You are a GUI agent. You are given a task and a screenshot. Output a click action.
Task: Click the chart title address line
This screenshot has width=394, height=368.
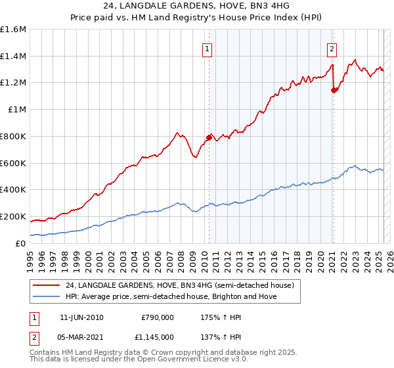pos(196,6)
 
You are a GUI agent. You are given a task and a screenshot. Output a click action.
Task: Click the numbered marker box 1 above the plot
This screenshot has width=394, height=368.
pos(208,48)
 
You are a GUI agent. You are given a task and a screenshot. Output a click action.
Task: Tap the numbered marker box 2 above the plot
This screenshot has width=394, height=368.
pos(332,48)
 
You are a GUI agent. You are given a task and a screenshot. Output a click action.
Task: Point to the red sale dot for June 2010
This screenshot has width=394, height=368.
pos(209,137)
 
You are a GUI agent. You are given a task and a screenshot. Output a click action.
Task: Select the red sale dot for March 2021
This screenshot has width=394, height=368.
pos(334,90)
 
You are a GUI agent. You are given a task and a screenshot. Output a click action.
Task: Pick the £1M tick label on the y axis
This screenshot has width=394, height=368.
pos(17,110)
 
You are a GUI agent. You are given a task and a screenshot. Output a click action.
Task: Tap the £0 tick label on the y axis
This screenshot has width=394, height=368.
pos(21,243)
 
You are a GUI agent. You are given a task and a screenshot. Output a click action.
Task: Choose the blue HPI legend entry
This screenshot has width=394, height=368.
pos(171,296)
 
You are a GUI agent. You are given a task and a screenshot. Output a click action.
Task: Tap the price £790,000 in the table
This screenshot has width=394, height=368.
pos(158,317)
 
